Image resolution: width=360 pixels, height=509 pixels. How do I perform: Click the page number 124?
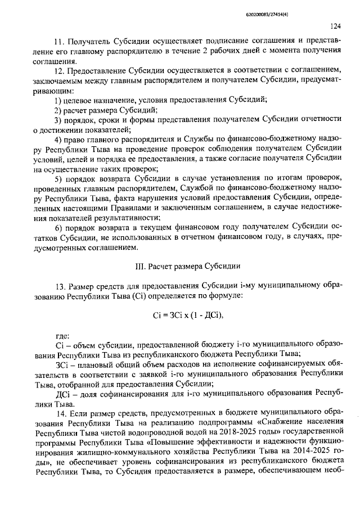click(336, 26)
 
